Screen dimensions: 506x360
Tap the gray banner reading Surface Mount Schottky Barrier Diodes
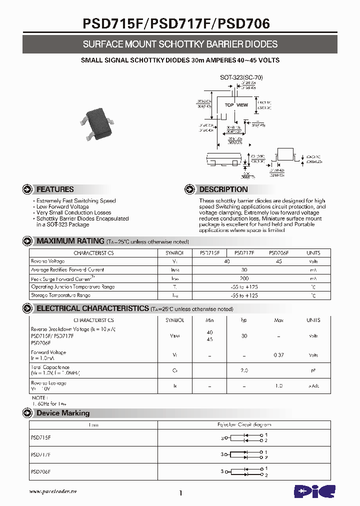click(x=180, y=44)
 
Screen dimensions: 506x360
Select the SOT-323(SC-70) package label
click(x=241, y=77)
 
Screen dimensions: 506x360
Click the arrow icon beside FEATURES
click(x=28, y=189)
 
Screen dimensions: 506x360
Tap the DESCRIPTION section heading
click(x=223, y=189)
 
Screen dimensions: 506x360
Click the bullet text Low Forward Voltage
click(x=62, y=206)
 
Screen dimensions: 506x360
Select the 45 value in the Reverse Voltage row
click(x=278, y=261)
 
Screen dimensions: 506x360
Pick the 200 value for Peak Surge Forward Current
click(x=244, y=278)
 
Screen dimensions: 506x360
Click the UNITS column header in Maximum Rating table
click(x=313, y=253)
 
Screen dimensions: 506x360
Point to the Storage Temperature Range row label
click(x=60, y=295)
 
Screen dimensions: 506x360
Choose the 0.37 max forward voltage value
click(x=278, y=355)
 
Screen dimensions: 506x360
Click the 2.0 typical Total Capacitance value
click(x=244, y=370)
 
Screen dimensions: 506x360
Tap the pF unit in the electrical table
click(x=313, y=370)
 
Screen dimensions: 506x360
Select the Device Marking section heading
click(x=63, y=413)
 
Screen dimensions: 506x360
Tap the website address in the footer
click(x=53, y=492)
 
